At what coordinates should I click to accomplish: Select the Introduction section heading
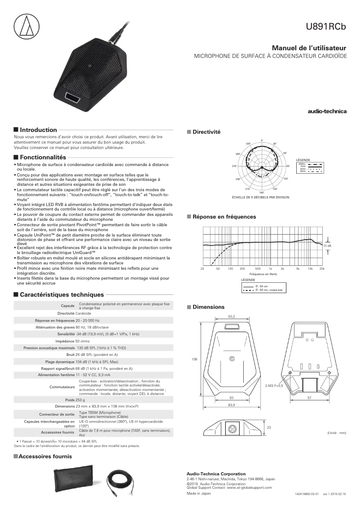point(39,130)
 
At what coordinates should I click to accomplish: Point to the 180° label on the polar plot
point(261,192)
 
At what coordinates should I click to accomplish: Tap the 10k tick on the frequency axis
point(310,268)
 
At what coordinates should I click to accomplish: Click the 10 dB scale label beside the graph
point(327,246)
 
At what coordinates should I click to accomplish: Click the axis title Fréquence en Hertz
point(263,274)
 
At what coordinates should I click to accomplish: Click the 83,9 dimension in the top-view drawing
point(232,405)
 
